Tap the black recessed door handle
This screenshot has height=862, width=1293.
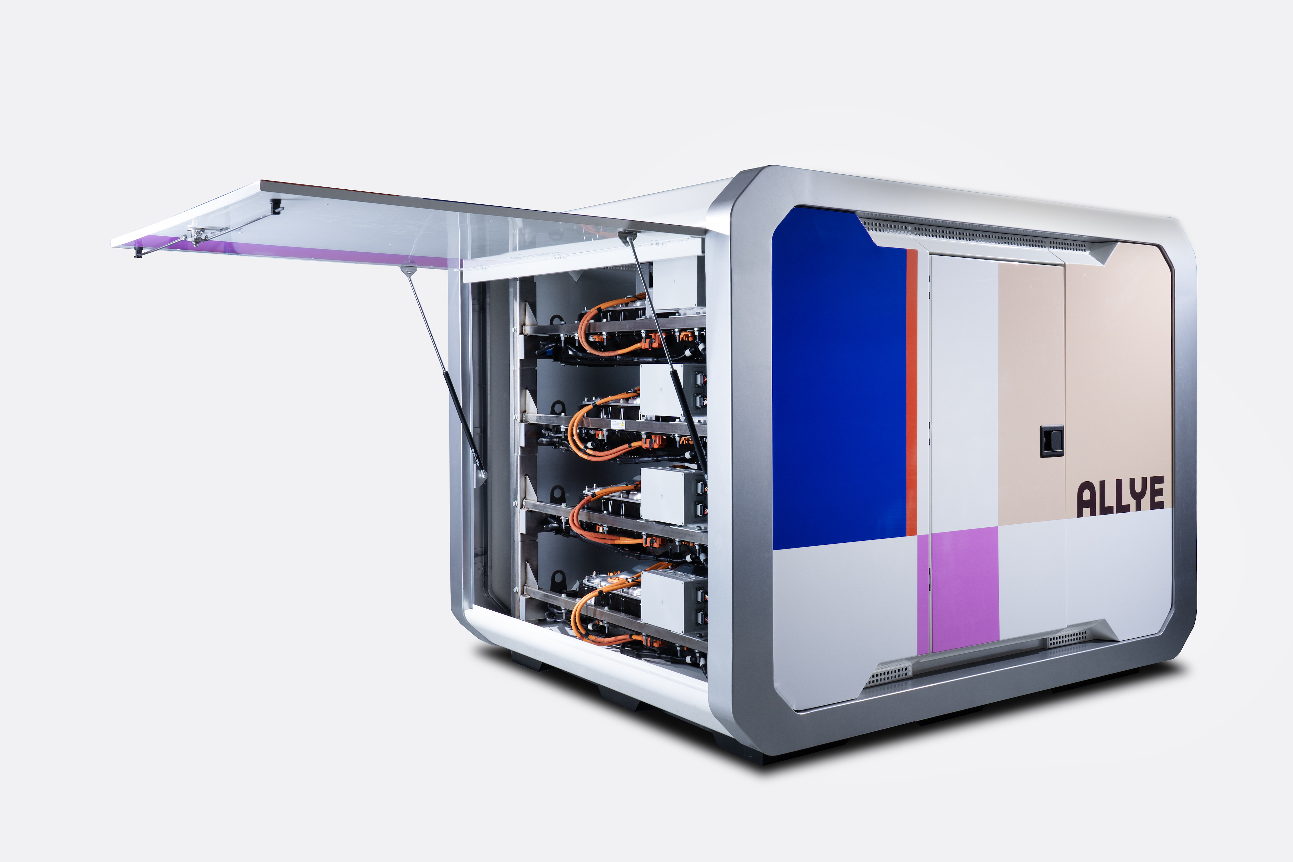1051,441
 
